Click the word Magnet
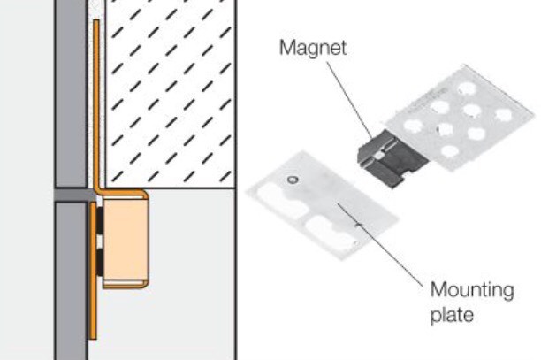pyautogui.click(x=312, y=48)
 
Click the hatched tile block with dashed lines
pyautogui.click(x=168, y=88)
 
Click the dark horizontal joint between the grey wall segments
pyautogui.click(x=71, y=192)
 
